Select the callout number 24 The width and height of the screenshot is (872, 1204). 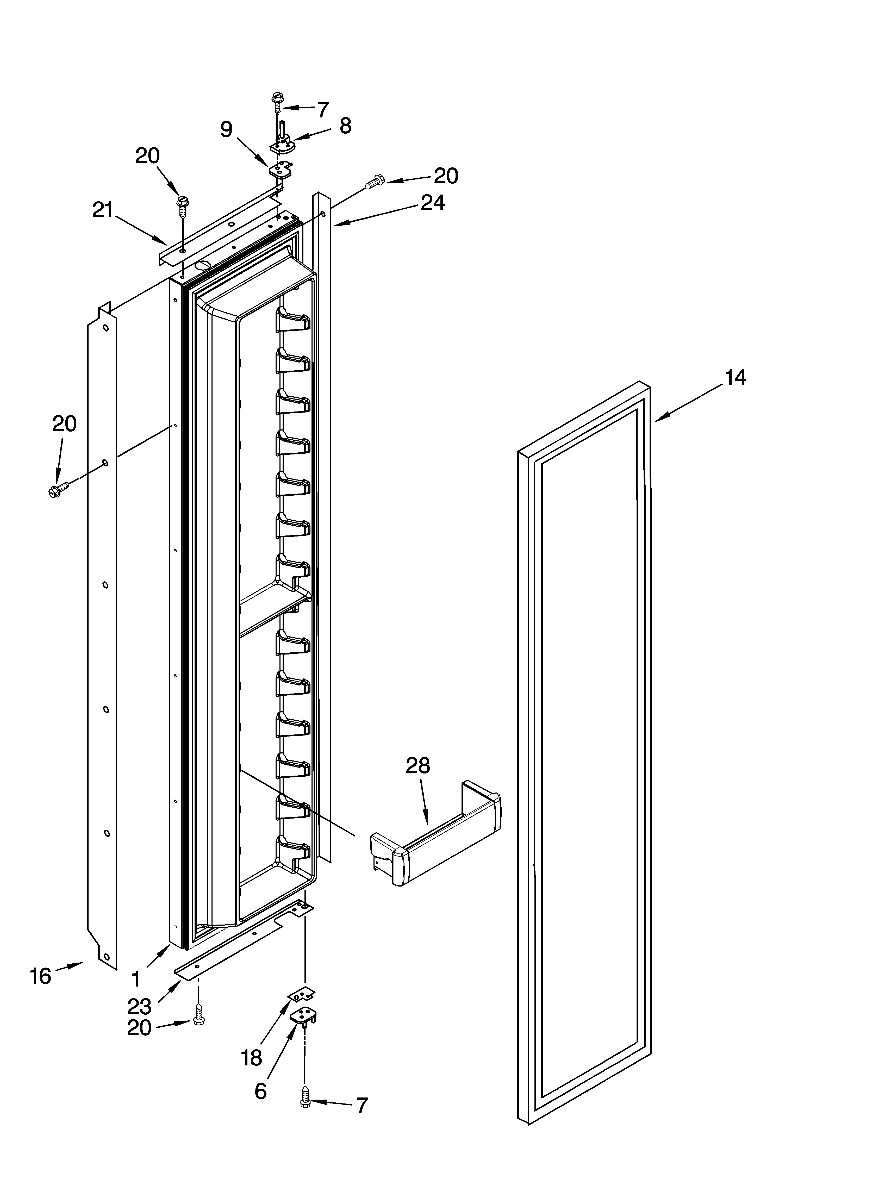(433, 203)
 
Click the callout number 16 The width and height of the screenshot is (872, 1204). (40, 976)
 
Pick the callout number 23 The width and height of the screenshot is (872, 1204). (139, 1006)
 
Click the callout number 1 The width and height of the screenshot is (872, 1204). (136, 978)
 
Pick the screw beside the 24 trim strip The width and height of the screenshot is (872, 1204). (374, 182)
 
